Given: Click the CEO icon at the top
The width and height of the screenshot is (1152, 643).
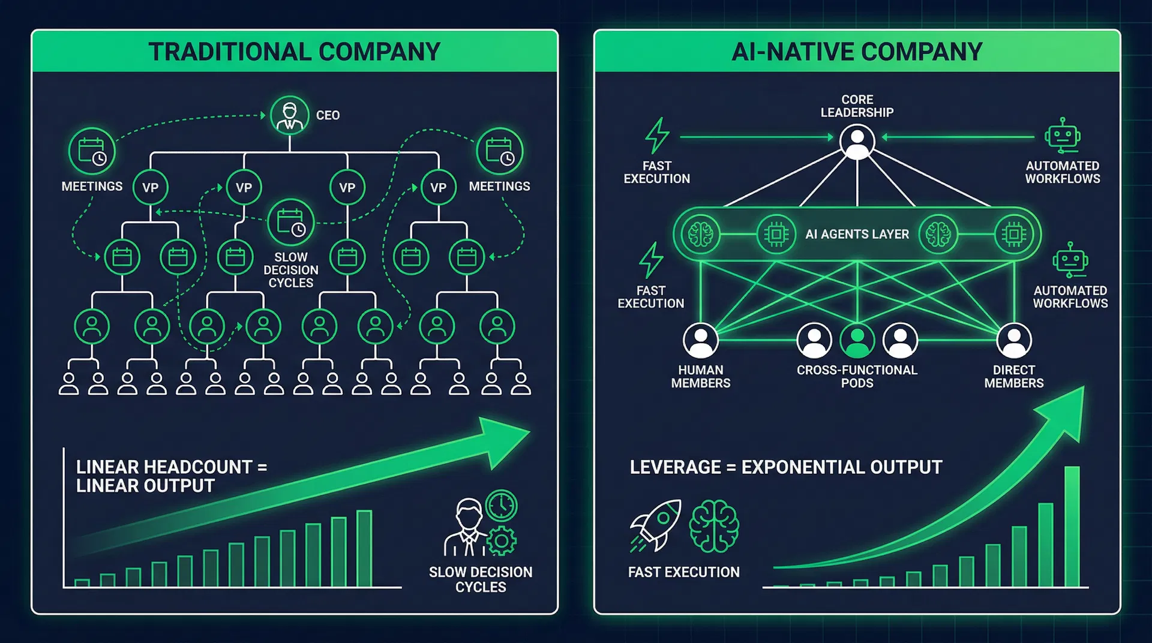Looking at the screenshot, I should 290,115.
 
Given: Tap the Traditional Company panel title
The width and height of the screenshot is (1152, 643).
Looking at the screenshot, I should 295,52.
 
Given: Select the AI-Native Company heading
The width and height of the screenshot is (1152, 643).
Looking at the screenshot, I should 857,52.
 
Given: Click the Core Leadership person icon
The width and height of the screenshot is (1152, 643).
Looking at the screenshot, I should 857,142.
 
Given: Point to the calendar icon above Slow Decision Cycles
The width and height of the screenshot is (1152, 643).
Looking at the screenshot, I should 291,223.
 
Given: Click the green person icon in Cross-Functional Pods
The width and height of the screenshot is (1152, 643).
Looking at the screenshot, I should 857,340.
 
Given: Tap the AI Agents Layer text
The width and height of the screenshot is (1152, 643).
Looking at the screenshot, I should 857,235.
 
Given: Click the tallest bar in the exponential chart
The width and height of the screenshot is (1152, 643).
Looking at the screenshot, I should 1072,526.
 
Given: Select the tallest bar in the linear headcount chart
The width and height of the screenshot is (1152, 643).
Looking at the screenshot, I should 364,548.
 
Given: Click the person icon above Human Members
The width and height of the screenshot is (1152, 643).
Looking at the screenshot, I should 700,340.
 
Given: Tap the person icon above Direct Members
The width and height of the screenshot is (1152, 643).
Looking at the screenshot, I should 1014,340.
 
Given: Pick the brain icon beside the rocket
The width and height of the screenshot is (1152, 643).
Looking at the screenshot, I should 714,526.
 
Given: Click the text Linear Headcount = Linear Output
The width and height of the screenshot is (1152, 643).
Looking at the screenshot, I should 171,476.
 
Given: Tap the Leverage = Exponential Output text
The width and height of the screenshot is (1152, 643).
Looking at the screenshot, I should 786,467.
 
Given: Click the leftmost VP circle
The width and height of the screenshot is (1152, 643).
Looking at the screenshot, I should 150,188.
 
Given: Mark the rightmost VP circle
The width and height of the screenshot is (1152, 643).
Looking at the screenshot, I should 438,188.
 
